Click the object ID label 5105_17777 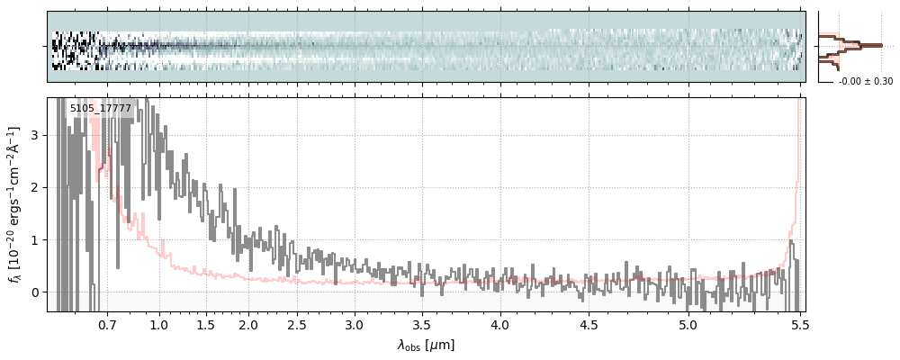101,109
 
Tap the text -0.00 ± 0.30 866,82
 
